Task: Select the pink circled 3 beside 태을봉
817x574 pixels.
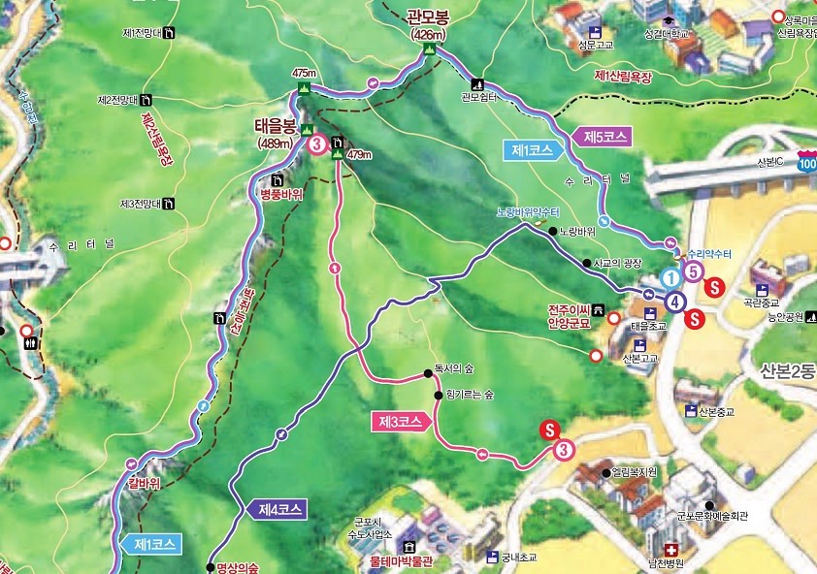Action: [317, 145]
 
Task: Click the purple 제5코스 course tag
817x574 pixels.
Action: [606, 136]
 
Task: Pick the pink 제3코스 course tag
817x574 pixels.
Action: [400, 422]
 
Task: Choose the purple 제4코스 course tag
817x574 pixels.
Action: [281, 508]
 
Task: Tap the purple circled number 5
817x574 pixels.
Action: [693, 272]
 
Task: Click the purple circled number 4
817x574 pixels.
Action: [673, 300]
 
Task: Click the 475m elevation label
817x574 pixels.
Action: [304, 74]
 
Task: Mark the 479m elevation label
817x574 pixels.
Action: [358, 154]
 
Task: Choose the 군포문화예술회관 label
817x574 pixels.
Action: [714, 516]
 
